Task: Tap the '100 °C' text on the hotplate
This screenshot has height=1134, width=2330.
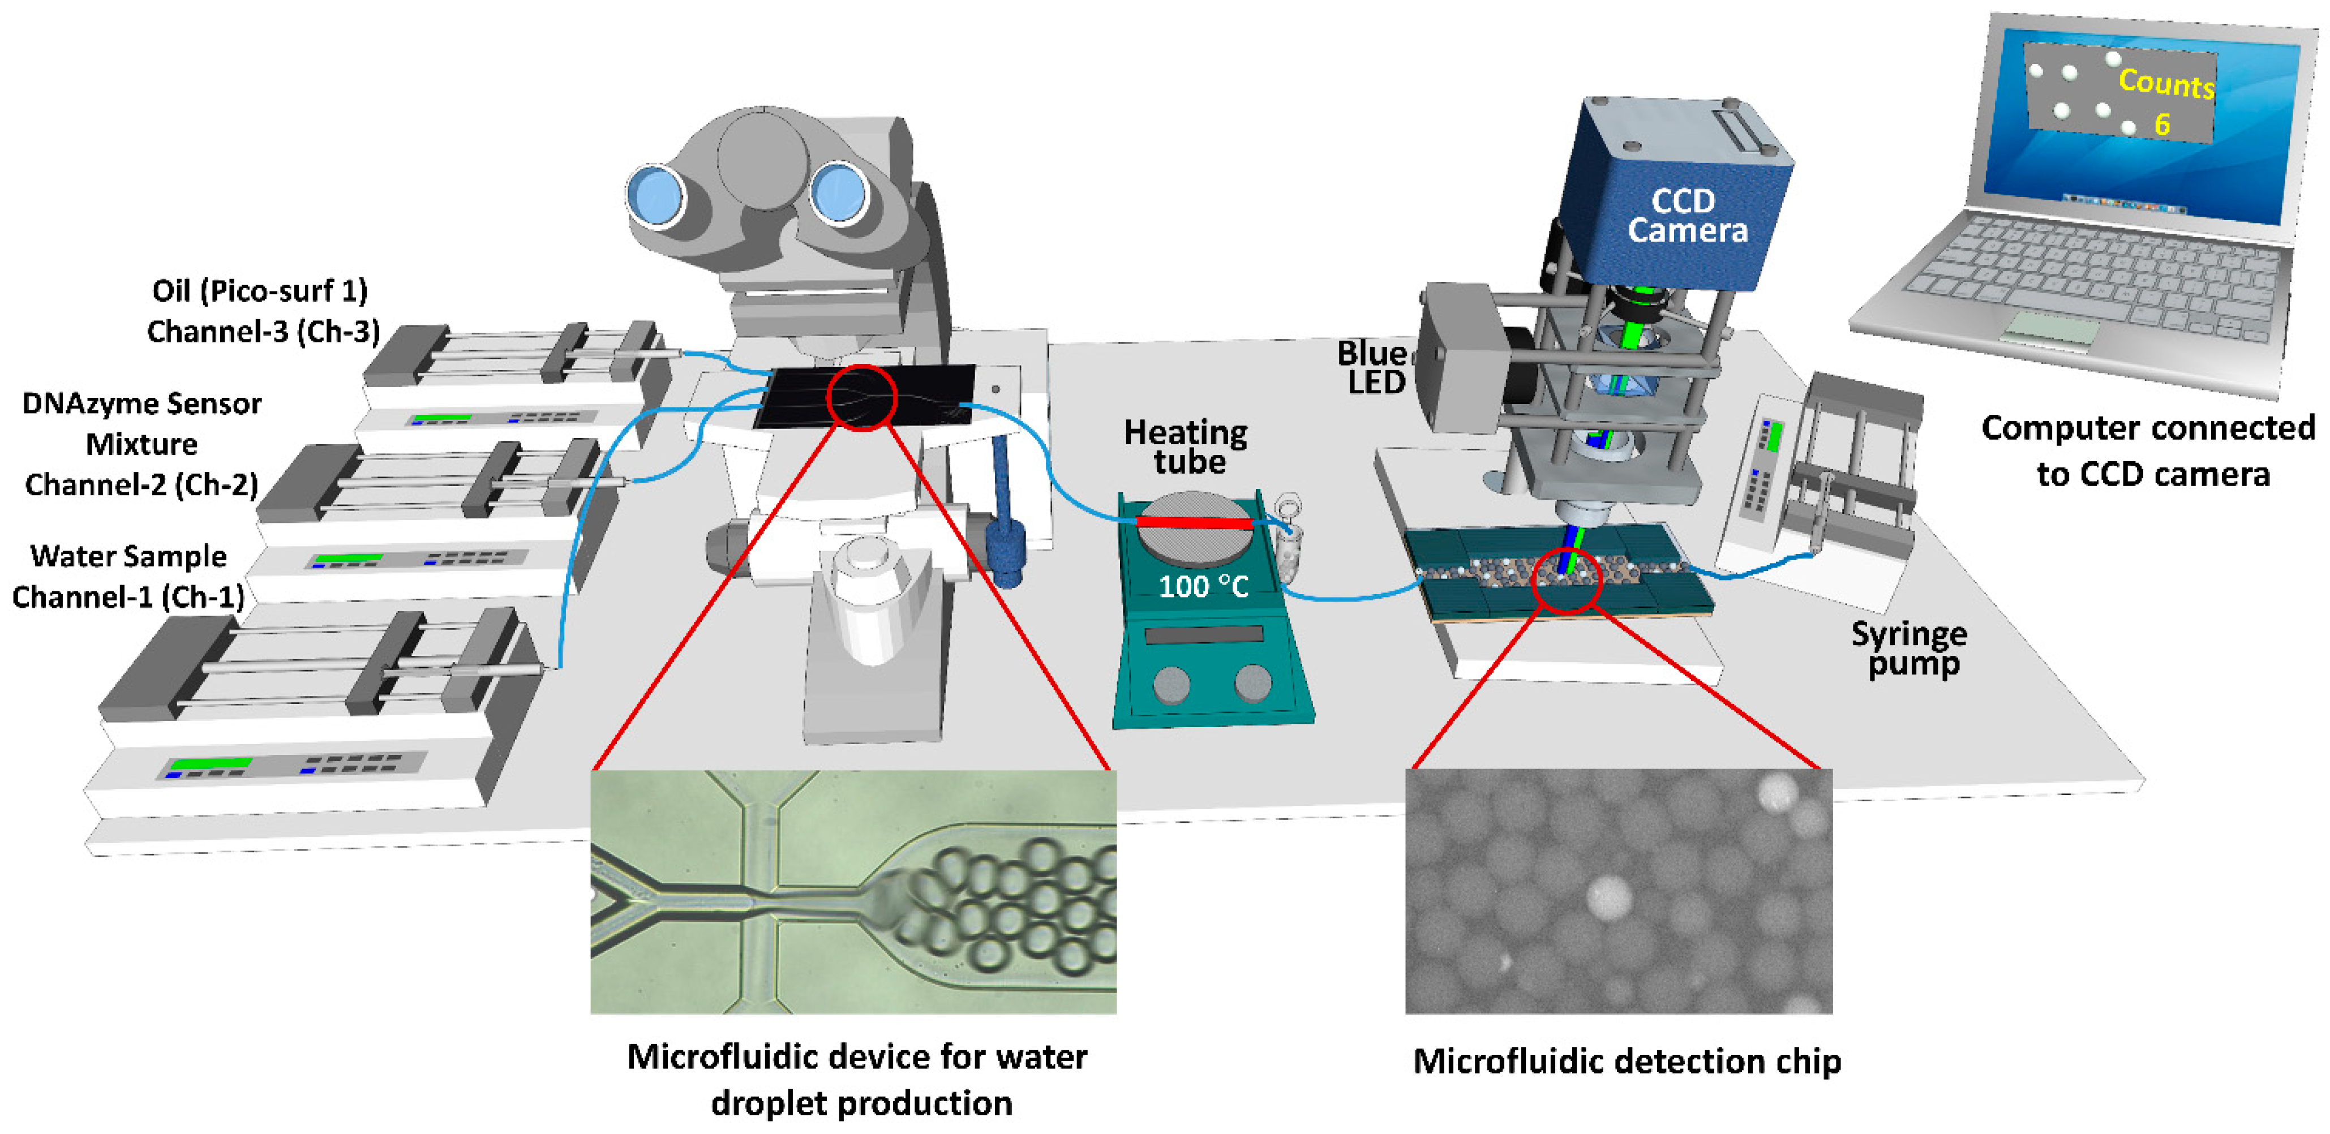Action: click(x=1203, y=587)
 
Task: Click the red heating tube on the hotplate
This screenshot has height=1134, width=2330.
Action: click(x=1194, y=523)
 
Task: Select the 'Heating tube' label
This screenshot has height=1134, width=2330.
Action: click(x=1186, y=446)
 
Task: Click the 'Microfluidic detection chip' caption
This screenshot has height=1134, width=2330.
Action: click(x=1627, y=1061)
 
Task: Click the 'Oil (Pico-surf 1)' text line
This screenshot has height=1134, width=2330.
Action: click(x=260, y=291)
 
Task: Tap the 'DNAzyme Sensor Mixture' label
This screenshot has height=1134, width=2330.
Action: click(x=142, y=423)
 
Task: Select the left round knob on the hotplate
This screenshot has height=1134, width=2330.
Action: click(x=1172, y=685)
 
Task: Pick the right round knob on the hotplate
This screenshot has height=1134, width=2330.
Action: click(x=1253, y=683)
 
